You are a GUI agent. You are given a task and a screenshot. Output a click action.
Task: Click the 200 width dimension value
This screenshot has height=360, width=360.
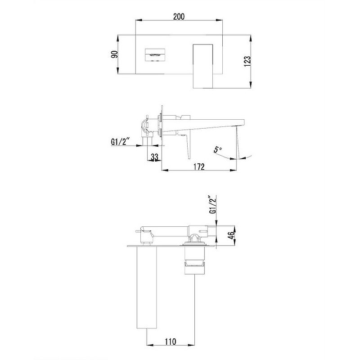click(179, 17)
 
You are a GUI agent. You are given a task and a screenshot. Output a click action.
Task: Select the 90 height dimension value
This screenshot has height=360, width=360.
click(114, 54)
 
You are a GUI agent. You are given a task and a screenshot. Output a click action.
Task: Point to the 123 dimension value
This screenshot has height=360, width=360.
click(247, 61)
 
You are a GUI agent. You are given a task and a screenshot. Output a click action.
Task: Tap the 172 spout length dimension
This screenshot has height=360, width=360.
click(199, 166)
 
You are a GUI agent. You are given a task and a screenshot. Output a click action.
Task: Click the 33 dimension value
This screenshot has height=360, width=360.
click(154, 157)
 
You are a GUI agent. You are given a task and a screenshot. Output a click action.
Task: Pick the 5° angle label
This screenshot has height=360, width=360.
click(218, 149)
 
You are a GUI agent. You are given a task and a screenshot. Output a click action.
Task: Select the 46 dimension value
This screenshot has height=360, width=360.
click(231, 235)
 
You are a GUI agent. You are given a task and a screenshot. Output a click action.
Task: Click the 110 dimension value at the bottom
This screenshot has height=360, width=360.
click(171, 342)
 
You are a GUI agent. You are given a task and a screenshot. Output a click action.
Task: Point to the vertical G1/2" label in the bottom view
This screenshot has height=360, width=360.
click(212, 204)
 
